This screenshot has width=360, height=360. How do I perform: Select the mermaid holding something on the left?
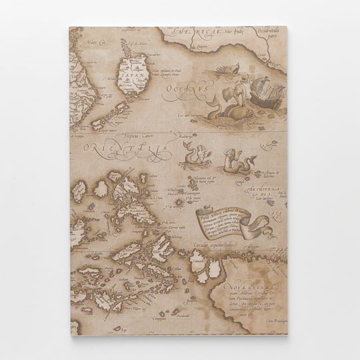pos(196,155)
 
